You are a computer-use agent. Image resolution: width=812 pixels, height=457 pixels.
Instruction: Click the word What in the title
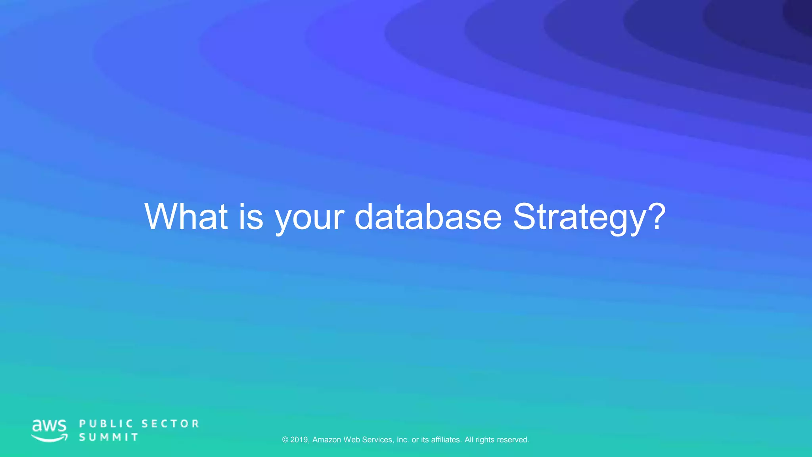pos(186,217)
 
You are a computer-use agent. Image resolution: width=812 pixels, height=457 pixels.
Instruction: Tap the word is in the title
pos(251,217)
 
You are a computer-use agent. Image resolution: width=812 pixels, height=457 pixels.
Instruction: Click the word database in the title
pos(428,217)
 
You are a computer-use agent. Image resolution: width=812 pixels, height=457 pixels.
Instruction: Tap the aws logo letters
pos(49,426)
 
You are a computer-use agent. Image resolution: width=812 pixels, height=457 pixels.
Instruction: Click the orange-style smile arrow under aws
pos(50,438)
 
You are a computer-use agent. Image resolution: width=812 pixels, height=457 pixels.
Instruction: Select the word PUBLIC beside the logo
pos(106,424)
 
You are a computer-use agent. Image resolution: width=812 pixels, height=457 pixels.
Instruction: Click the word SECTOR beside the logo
pos(170,424)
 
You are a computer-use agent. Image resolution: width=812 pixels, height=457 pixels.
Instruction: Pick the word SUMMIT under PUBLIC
pos(109,437)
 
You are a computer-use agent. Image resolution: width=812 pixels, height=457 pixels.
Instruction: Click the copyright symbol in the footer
pos(285,440)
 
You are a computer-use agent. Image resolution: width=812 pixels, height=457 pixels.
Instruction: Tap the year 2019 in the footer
pos(300,440)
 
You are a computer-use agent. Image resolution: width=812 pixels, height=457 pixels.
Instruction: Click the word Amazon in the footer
pos(327,440)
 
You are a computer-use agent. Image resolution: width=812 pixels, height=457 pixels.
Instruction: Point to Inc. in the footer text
pos(402,440)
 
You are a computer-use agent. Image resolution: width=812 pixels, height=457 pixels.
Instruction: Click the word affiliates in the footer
pos(446,440)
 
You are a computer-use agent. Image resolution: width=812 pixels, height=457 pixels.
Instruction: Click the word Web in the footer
pos(352,440)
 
